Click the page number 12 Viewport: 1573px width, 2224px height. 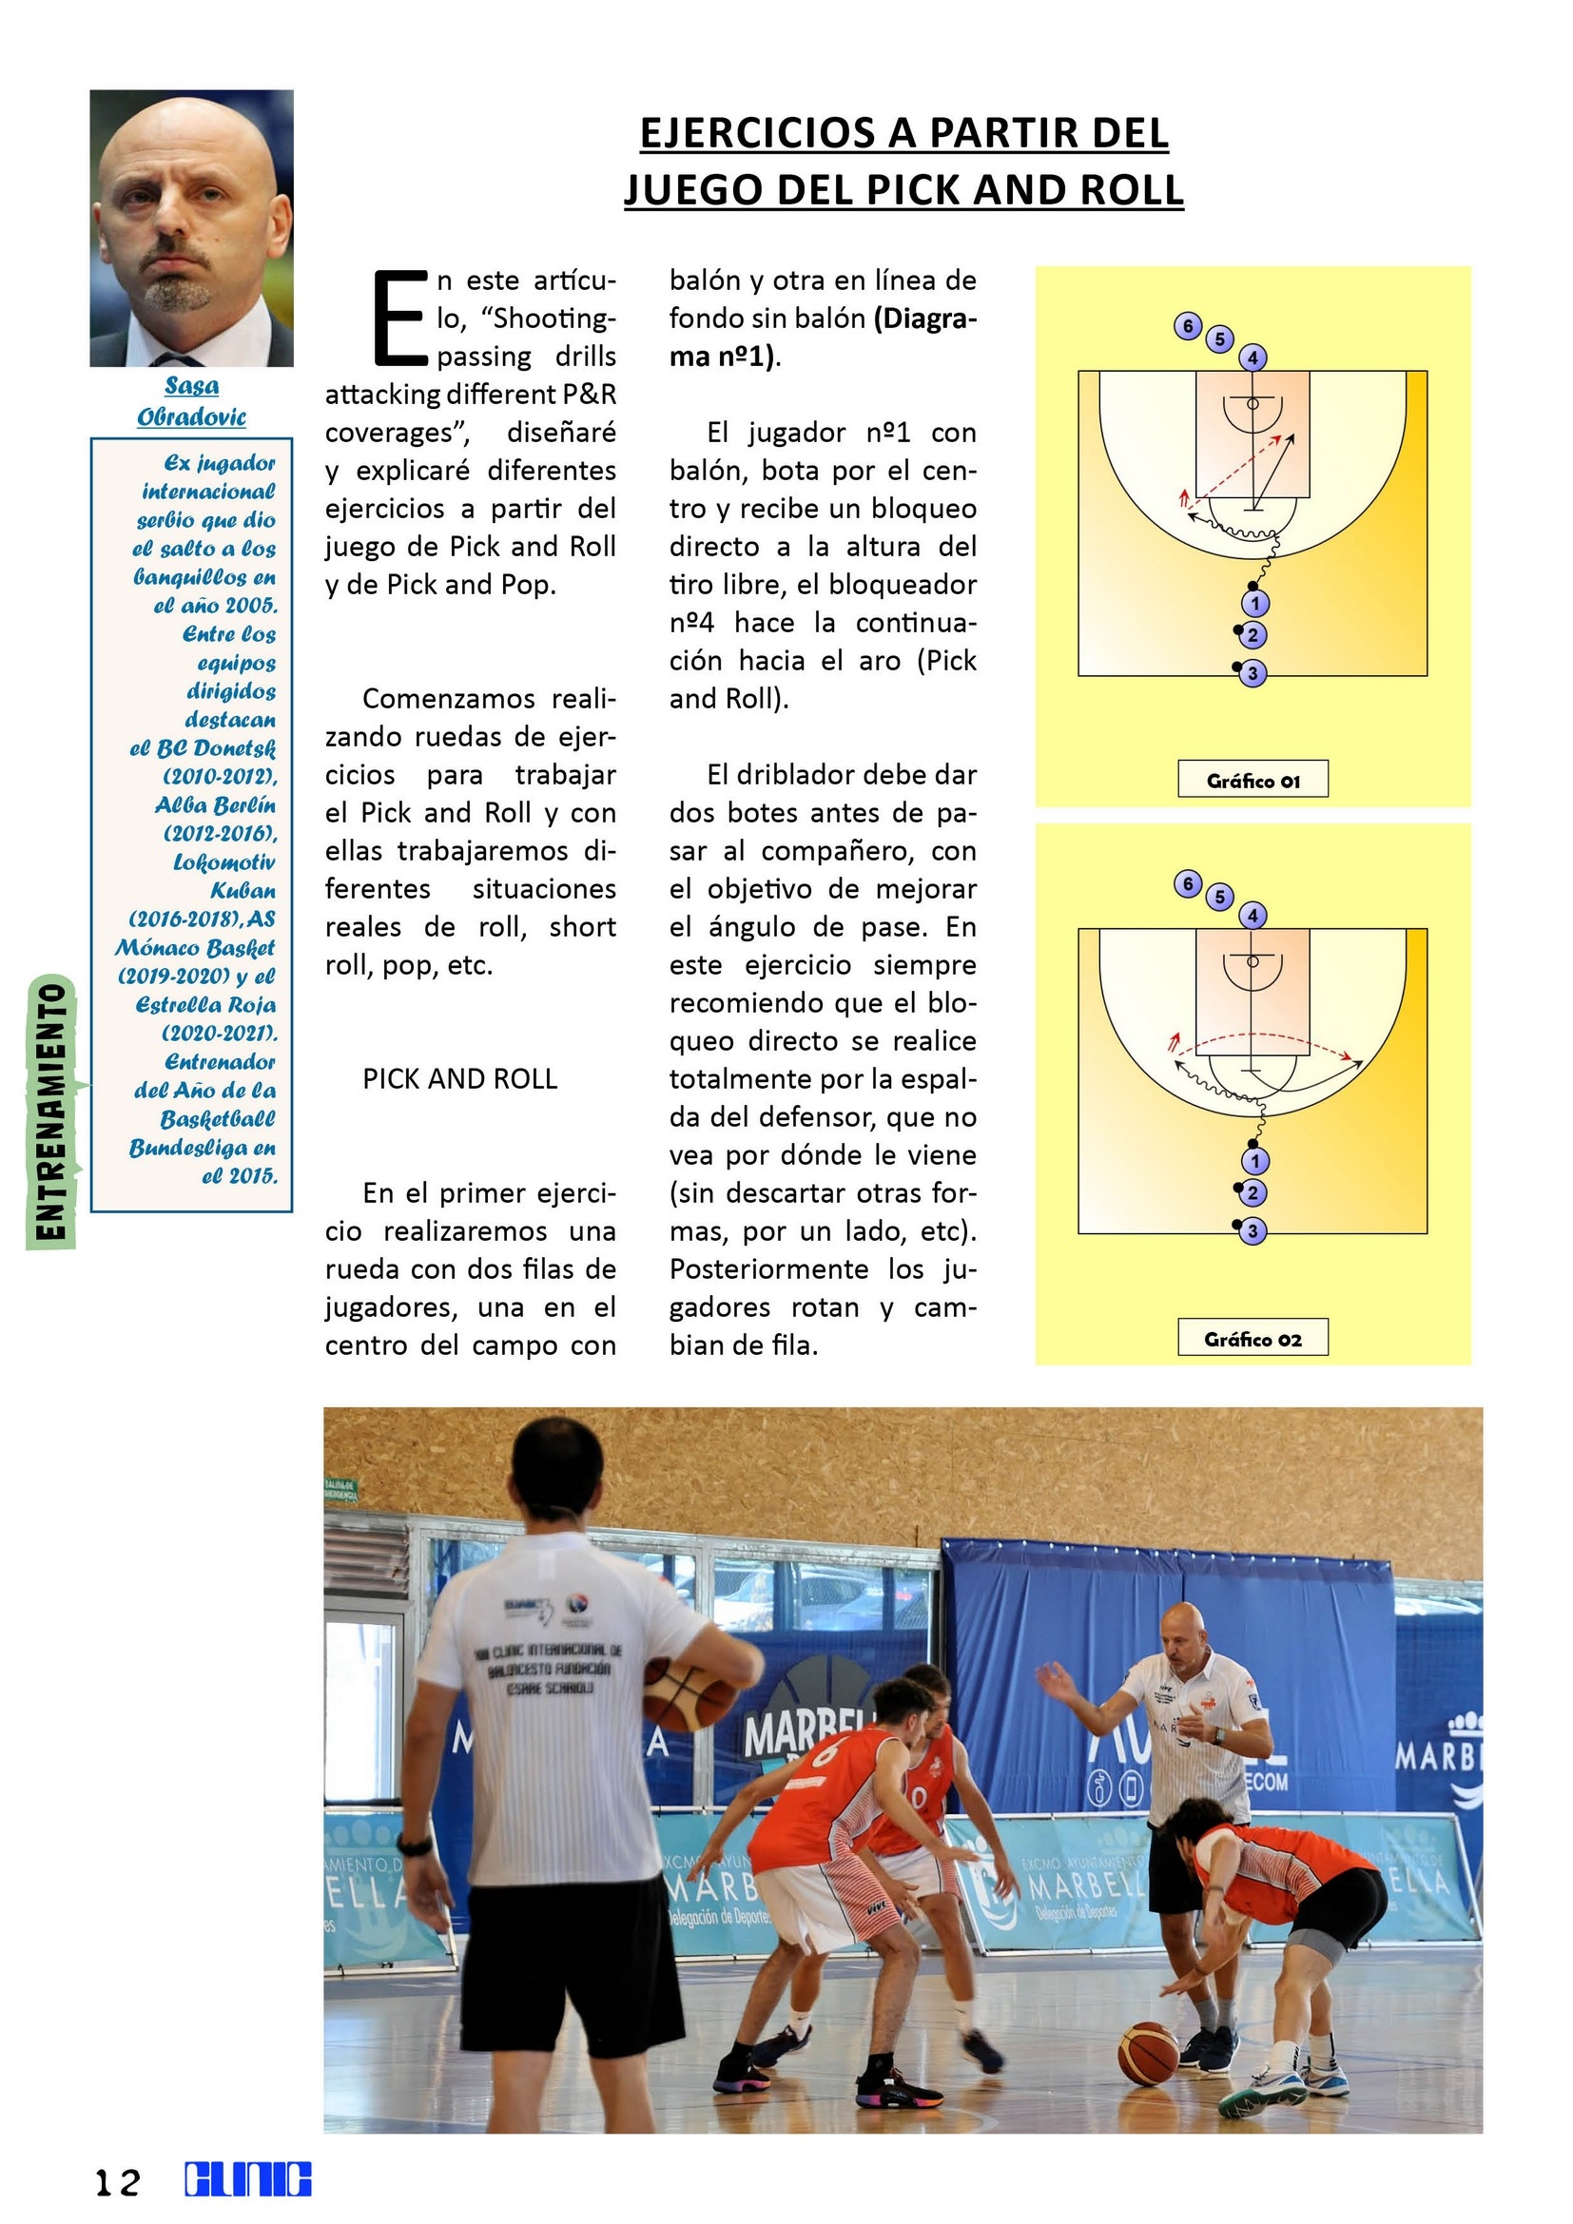[117, 2181]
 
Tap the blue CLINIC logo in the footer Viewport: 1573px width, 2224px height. [248, 2179]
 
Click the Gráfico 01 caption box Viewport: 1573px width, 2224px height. [1253, 780]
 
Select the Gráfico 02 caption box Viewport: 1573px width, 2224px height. [1253, 1338]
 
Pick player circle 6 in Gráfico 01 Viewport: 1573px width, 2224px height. [1188, 325]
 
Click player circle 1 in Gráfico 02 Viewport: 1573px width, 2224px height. [1254, 1160]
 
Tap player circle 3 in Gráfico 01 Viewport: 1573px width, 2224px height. [1253, 673]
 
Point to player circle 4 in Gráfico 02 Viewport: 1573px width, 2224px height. [1253, 915]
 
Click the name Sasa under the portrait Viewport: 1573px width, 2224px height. [192, 385]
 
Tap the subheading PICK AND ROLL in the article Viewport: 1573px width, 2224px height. [460, 1079]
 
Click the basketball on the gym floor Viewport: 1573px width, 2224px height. [1148, 2080]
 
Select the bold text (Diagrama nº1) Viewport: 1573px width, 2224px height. [824, 338]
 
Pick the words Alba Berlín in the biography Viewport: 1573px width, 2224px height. [215, 806]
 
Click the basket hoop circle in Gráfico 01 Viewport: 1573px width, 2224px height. [1253, 404]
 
